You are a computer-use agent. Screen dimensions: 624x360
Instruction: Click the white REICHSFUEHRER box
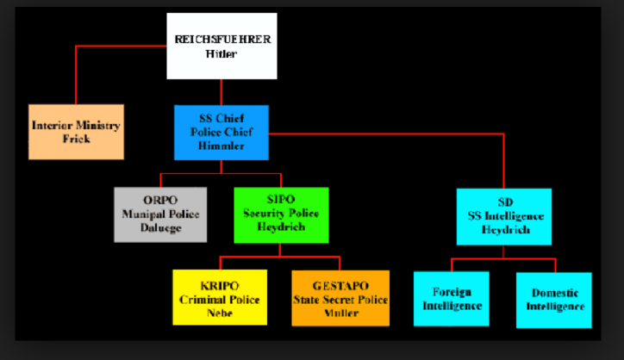tap(222, 46)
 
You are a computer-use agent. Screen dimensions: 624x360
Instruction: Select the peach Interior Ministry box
tap(76, 132)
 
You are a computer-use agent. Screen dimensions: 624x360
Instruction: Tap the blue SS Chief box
tap(222, 133)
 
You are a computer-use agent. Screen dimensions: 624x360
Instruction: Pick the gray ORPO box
tap(160, 214)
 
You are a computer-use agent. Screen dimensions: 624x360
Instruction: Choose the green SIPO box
tap(281, 214)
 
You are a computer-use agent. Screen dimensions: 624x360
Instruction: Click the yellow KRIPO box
tap(220, 297)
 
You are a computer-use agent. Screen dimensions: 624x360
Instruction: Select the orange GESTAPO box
tap(340, 298)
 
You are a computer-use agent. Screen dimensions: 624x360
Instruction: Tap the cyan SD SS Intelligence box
tap(504, 217)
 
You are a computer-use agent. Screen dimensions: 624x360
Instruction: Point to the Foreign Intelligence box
tap(452, 299)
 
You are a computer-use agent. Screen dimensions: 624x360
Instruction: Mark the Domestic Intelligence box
tap(553, 300)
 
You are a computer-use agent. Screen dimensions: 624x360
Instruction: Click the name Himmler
tap(222, 146)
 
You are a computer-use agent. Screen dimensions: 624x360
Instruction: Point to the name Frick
tap(76, 139)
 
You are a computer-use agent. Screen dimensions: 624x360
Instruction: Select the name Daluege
tap(161, 228)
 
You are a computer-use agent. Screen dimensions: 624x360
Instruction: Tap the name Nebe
tap(220, 313)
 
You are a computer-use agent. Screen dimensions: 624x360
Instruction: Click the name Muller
tap(341, 313)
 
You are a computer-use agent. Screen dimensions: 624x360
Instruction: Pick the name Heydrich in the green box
tap(281, 227)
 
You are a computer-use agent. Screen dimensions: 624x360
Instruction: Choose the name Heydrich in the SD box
tap(505, 230)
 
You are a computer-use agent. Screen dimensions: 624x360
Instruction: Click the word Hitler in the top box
tap(222, 53)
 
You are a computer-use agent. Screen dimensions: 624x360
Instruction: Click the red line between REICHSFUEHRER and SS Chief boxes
tap(222, 92)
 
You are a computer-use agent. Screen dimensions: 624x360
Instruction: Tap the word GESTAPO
tap(340, 286)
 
